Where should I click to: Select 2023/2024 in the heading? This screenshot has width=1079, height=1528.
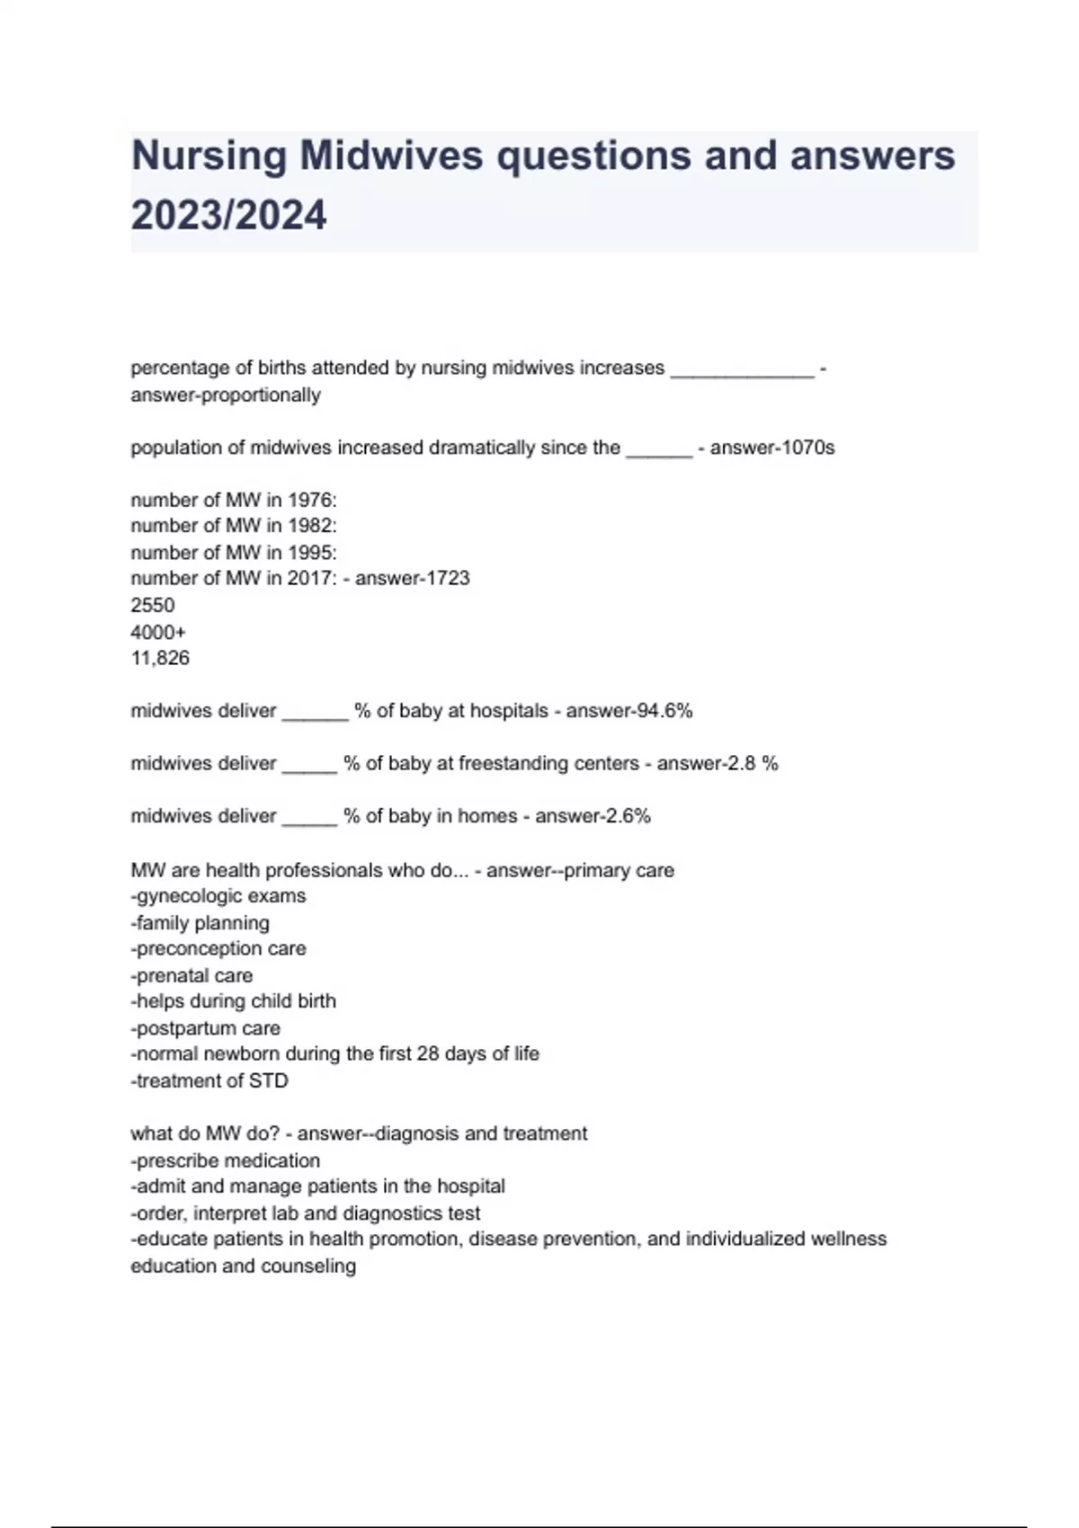click(228, 216)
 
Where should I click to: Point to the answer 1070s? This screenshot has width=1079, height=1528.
click(806, 448)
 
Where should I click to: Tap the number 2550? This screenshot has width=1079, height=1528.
click(153, 605)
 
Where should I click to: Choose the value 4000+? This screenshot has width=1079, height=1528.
click(158, 632)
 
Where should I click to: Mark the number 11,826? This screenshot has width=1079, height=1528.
click(160, 658)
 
